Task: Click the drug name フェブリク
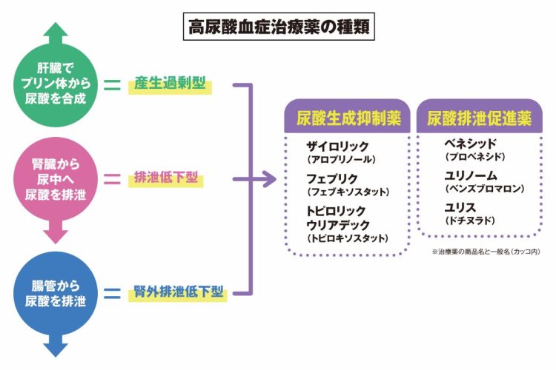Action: point(331,178)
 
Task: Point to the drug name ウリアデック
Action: point(337,225)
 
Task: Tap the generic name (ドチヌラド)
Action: point(469,221)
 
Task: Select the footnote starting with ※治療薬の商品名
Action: point(485,252)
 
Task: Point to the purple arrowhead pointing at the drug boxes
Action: point(268,178)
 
